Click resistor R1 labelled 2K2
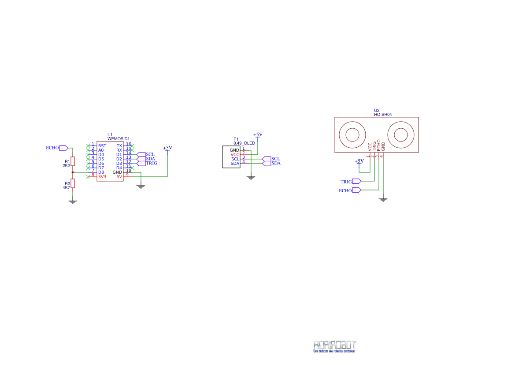[73, 161]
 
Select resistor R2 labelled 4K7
[73, 183]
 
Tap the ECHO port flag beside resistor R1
[63, 148]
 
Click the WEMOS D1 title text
[119, 139]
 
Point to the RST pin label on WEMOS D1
[102, 146]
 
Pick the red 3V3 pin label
[102, 177]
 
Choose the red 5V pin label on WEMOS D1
[119, 177]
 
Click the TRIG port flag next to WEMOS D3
[141, 163]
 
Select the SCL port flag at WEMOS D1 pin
[141, 154]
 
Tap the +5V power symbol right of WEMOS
[167, 149]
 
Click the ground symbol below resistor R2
[73, 201]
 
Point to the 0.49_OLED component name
[245, 143]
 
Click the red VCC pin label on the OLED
[235, 155]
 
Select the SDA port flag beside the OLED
[267, 163]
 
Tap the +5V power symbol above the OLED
[258, 135]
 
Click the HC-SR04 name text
[383, 114]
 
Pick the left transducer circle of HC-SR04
[352, 134]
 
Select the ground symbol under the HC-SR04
[383, 200]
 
